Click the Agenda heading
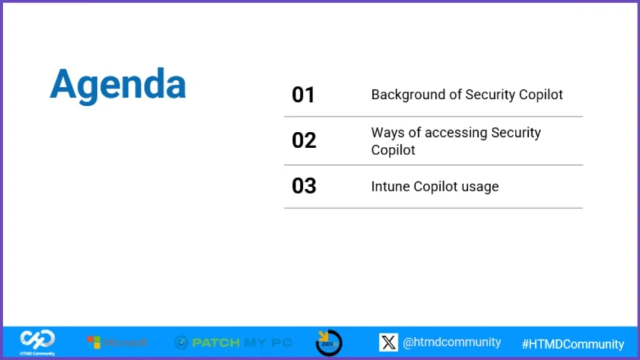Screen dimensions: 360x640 (x=118, y=84)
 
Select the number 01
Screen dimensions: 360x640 (x=303, y=95)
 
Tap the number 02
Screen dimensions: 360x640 (x=304, y=140)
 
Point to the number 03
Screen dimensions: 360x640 (x=304, y=186)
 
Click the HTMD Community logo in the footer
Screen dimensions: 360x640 (x=37, y=342)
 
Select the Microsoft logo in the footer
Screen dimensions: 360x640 (x=117, y=342)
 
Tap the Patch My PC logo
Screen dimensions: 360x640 (x=232, y=342)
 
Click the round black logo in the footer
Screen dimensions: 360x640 (x=328, y=342)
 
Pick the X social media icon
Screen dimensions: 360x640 (x=388, y=342)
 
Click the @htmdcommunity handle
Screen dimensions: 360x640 (x=451, y=342)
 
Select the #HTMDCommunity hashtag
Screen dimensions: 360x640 (x=572, y=344)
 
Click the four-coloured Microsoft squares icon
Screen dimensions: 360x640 (x=94, y=342)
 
